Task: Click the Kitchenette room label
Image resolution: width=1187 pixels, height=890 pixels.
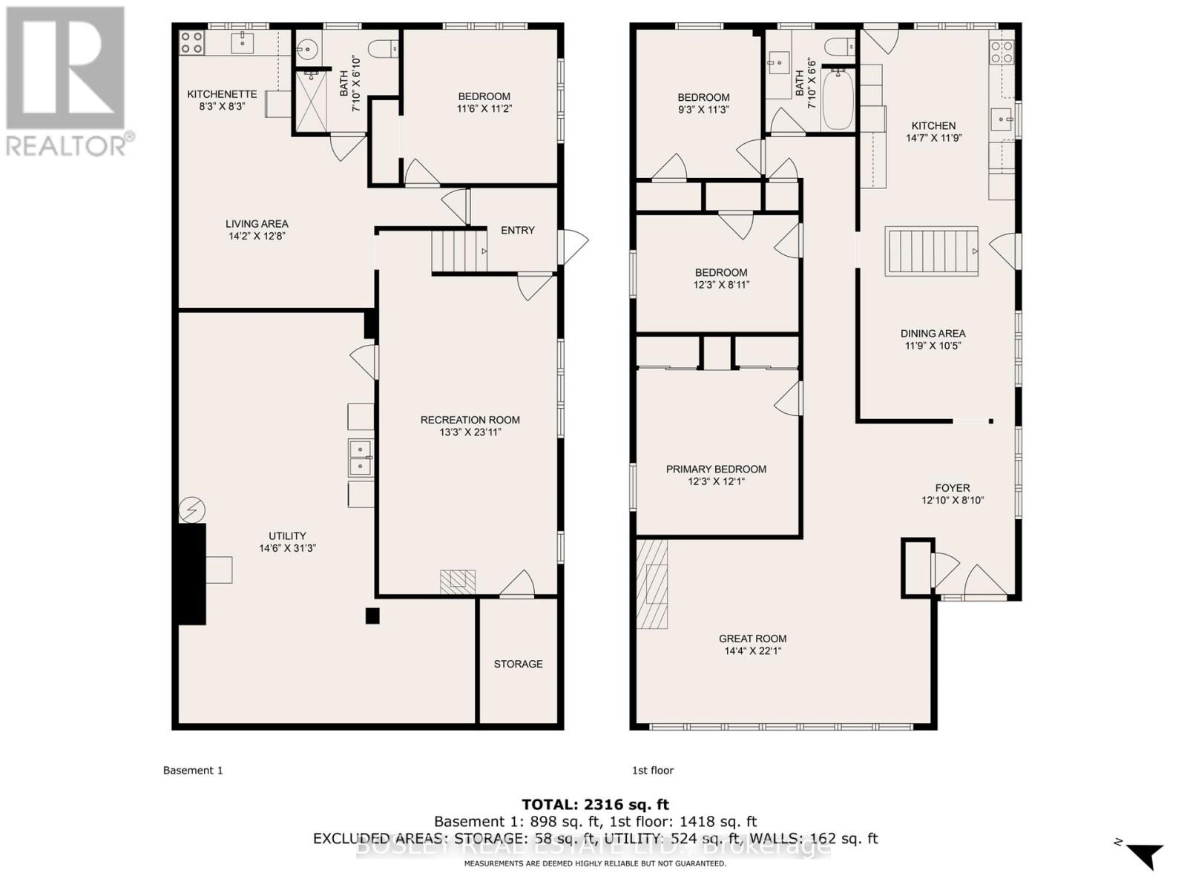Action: tap(222, 94)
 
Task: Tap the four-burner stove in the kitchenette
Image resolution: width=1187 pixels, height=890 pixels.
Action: tap(192, 42)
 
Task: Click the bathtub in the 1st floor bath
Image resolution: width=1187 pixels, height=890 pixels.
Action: tap(838, 99)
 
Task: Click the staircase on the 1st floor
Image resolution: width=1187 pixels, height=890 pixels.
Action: tap(931, 251)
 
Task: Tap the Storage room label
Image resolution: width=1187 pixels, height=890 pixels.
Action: tap(518, 664)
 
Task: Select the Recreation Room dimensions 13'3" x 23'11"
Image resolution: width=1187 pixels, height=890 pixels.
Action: tap(470, 432)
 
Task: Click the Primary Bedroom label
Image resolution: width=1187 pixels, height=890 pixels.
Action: tap(716, 469)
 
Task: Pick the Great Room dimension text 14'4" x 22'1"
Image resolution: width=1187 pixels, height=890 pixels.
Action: tap(752, 651)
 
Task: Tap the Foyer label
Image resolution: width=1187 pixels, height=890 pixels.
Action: tap(952, 488)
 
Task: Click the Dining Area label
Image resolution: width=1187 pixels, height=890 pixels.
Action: tap(933, 334)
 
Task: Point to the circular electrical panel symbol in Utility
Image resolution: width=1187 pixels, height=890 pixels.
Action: tap(192, 510)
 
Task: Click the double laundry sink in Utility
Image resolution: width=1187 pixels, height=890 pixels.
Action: tap(361, 457)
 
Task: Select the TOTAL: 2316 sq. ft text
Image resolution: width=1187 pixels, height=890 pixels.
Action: tap(595, 804)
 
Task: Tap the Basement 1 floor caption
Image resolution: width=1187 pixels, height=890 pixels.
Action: tap(193, 770)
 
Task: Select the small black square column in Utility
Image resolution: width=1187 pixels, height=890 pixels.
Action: tap(372, 616)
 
